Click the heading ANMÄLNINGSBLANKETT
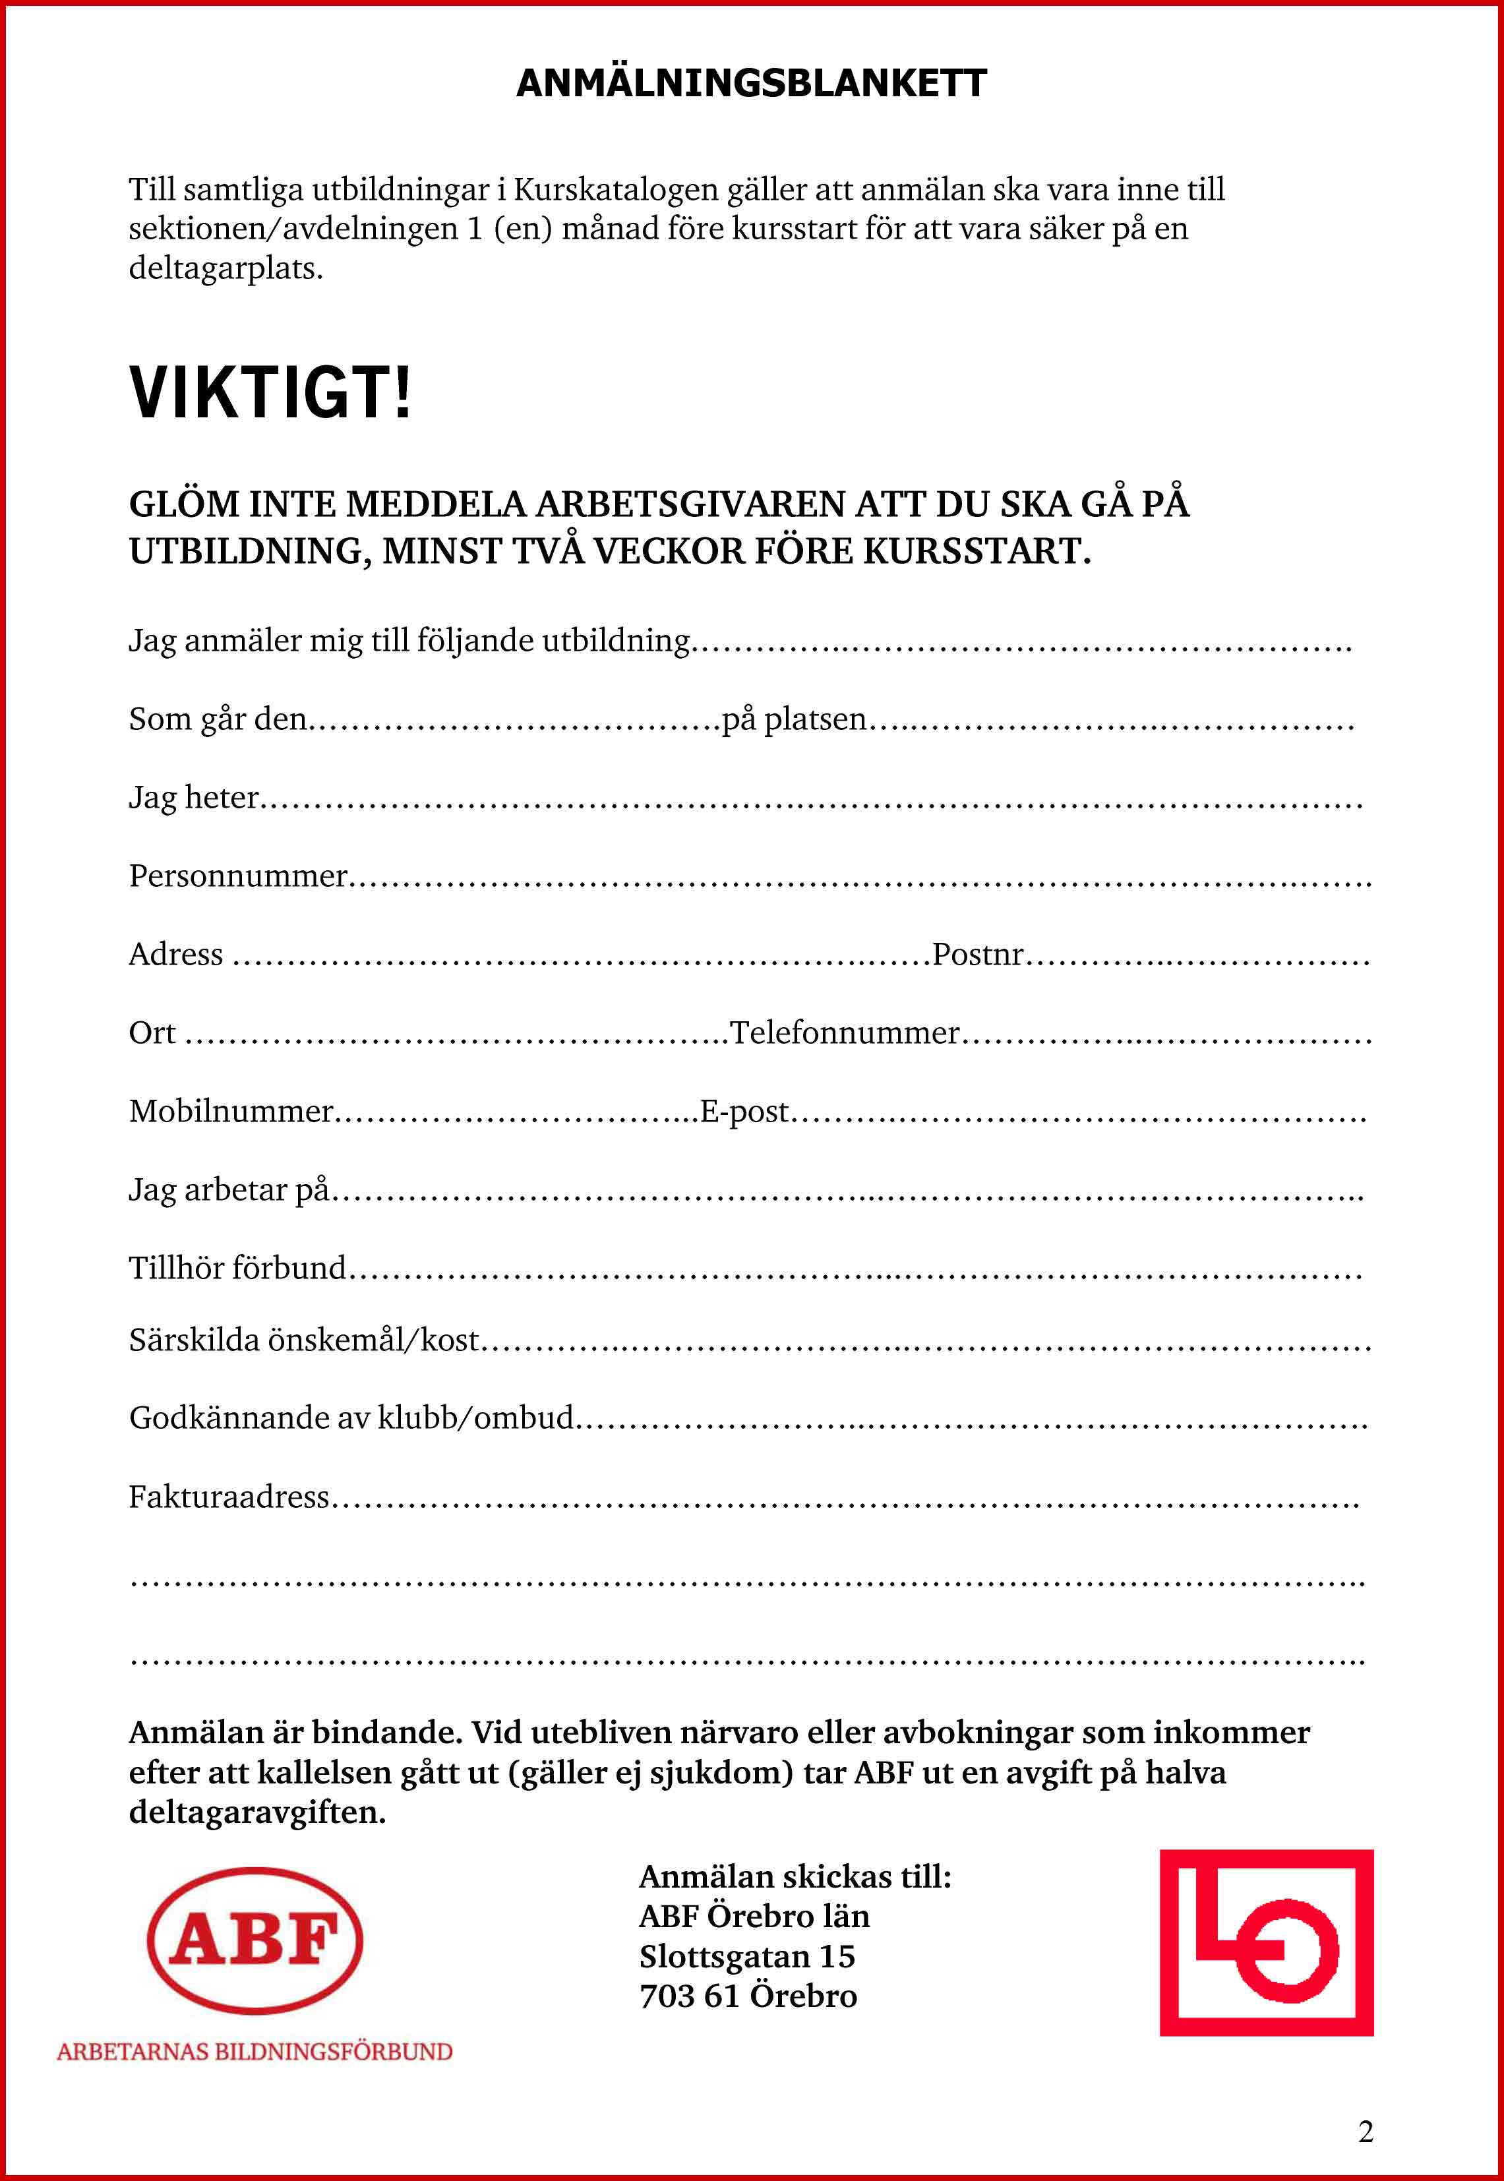point(751,84)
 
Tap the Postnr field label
point(977,955)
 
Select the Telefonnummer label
point(845,1032)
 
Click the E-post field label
point(744,1112)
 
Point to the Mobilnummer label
point(231,1112)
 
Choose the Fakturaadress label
point(229,1497)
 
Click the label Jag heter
point(193,798)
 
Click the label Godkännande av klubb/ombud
point(351,1418)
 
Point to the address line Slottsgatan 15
point(746,1957)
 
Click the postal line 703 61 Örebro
point(748,1996)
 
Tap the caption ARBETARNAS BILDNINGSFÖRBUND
point(255,2052)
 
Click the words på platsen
point(793,719)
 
